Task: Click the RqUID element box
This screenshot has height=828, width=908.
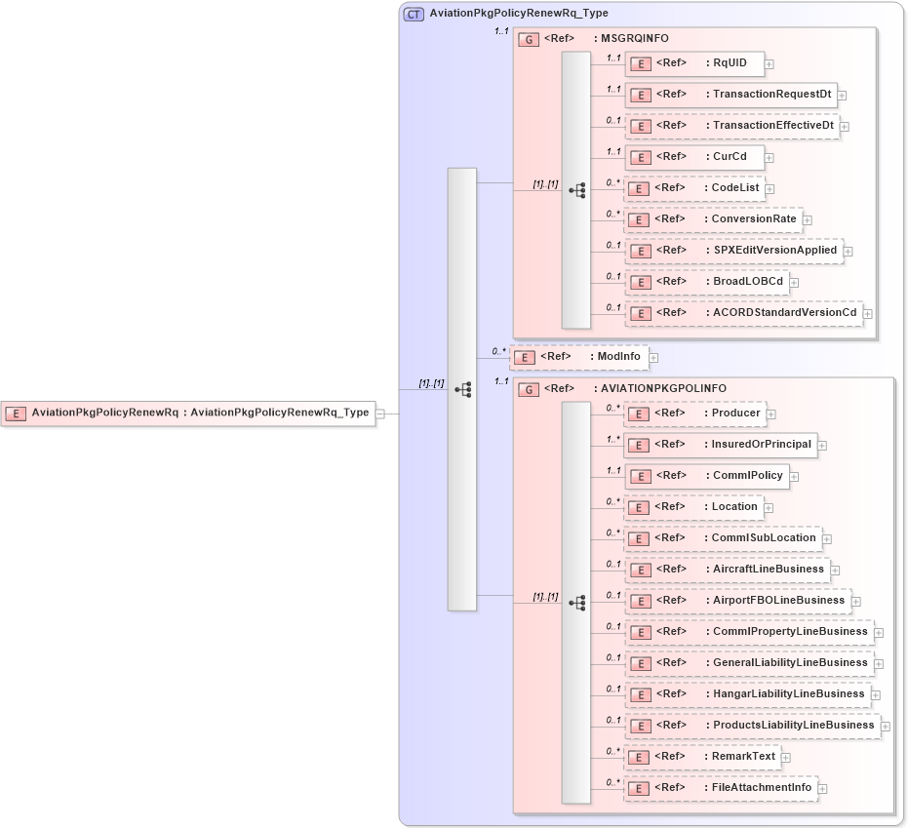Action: coord(693,63)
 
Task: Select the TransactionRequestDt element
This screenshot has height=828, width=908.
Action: coord(730,95)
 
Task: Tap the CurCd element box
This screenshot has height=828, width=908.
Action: coord(693,156)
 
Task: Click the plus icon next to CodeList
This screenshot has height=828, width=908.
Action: coord(770,188)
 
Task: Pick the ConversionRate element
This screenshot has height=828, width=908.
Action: coord(713,218)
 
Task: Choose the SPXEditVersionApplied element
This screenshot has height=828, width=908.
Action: coord(733,251)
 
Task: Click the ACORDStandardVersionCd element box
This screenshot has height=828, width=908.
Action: coord(743,313)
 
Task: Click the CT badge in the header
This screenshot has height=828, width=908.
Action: coord(414,15)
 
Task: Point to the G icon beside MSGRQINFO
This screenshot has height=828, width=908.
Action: coord(528,39)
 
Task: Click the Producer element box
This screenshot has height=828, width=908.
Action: coord(693,414)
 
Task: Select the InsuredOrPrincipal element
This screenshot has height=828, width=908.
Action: coord(721,445)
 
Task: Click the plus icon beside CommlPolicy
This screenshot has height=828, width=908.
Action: coord(794,477)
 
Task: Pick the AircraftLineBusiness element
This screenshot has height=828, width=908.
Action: coord(727,570)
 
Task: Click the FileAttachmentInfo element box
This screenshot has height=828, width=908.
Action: coord(721,788)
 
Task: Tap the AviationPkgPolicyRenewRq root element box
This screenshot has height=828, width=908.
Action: coord(188,413)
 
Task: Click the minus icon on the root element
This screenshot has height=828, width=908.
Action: coord(380,414)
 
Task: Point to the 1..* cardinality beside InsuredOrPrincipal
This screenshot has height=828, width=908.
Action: coord(612,439)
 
